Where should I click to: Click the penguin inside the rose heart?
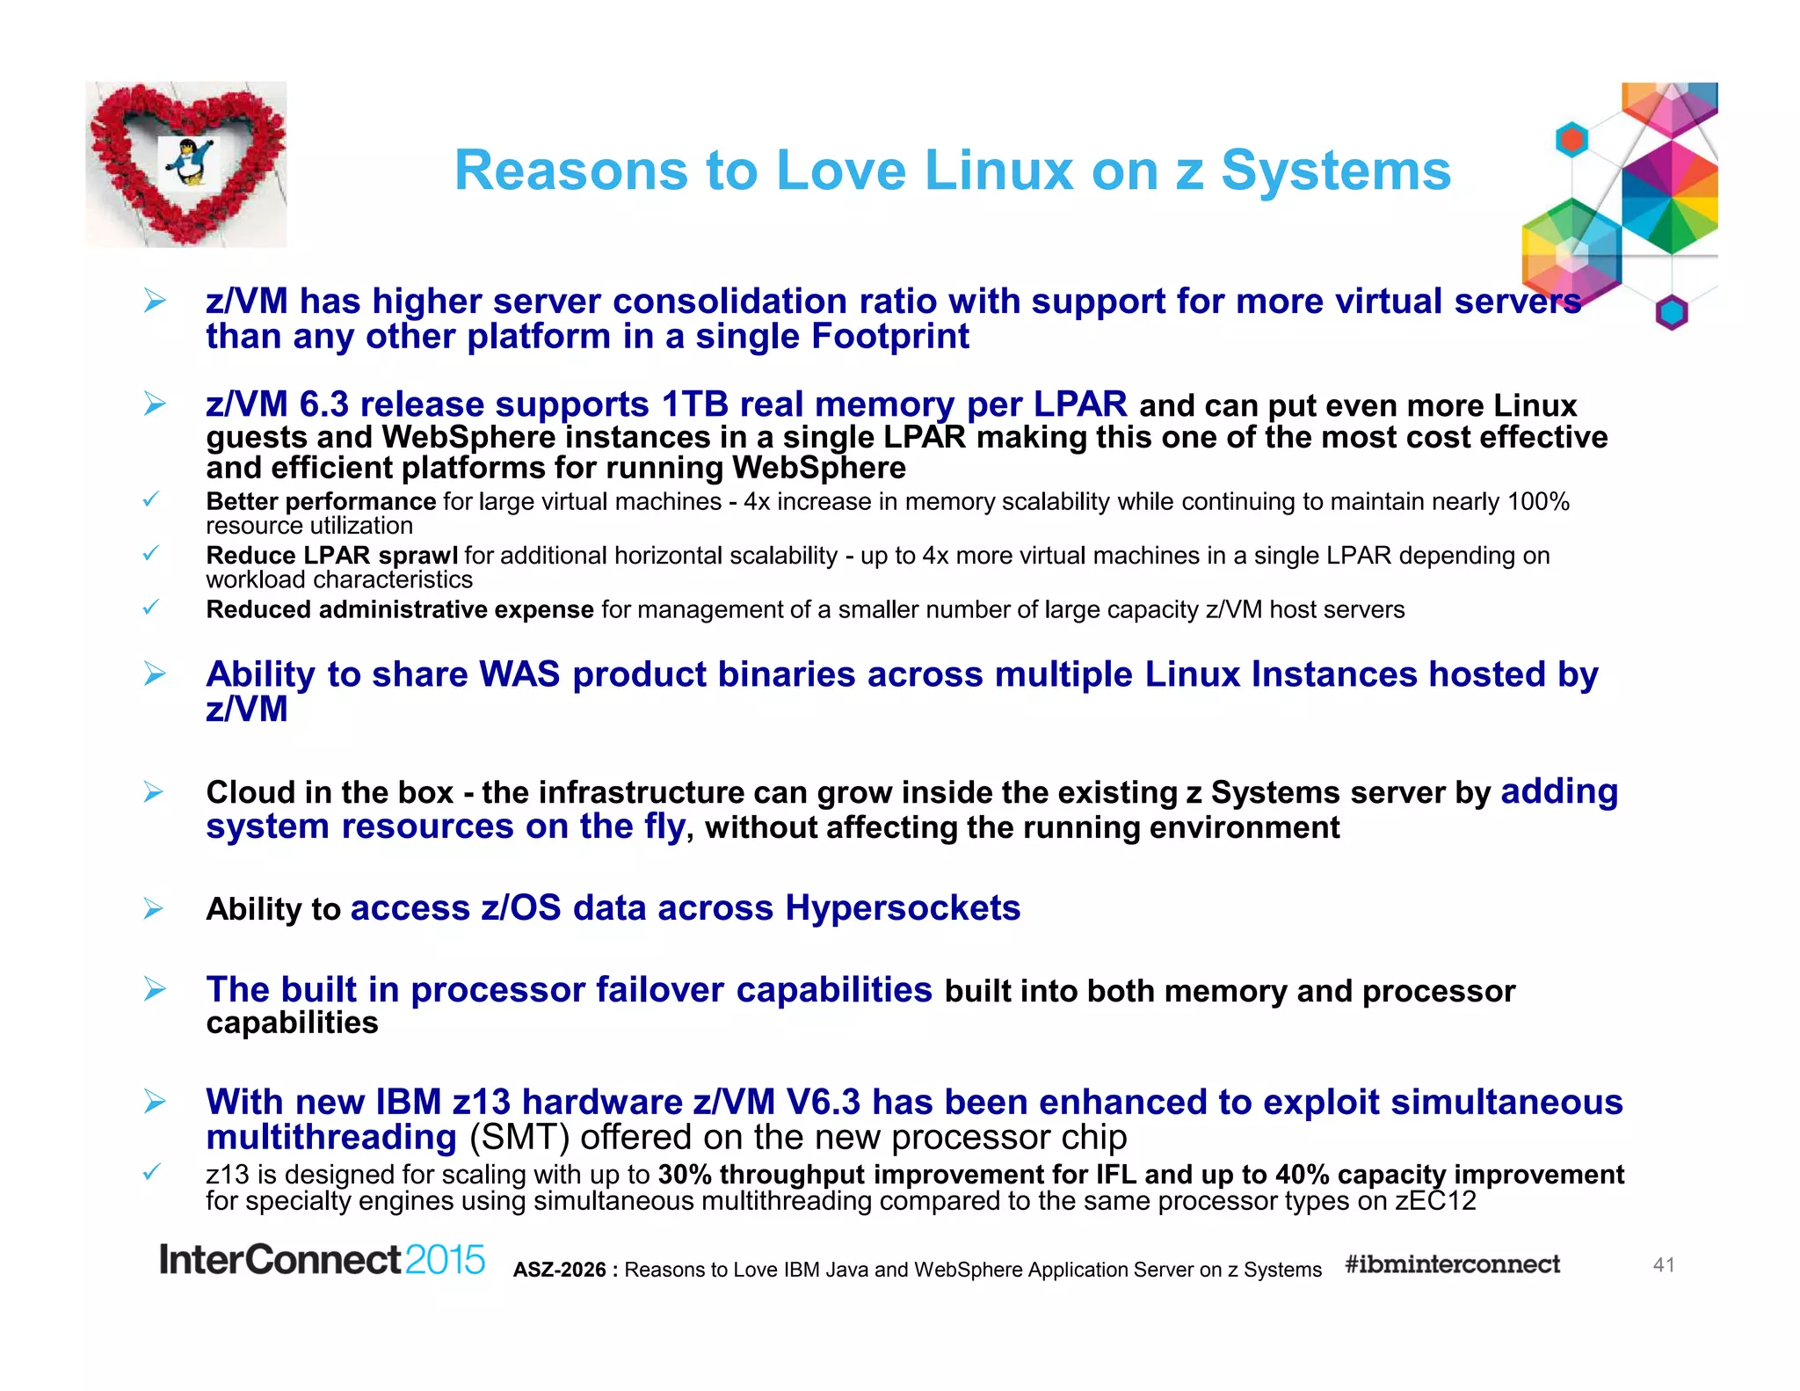tap(189, 162)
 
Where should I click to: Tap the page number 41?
tap(1664, 1264)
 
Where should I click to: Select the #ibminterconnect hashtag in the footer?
tap(1452, 1264)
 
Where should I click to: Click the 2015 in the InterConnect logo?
tap(445, 1260)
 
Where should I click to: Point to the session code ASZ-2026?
tap(560, 1270)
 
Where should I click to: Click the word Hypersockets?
tap(903, 907)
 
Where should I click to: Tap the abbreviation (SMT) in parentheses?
tap(519, 1137)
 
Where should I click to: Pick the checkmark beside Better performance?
tap(151, 499)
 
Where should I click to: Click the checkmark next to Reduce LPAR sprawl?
tap(151, 553)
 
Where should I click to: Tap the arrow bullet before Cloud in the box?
tap(154, 792)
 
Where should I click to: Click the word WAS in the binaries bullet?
tap(519, 674)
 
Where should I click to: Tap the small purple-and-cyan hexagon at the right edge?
tap(1672, 312)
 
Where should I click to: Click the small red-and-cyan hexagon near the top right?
tap(1571, 140)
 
